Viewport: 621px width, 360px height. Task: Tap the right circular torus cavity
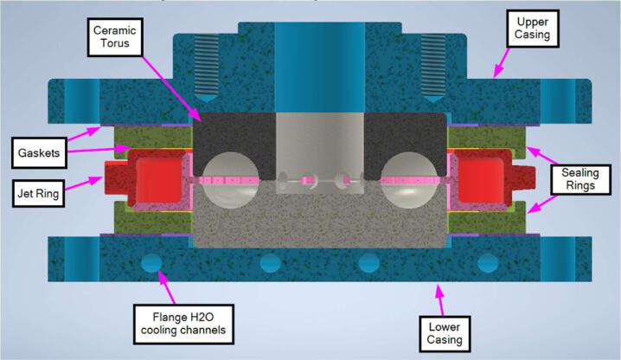click(x=404, y=179)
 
